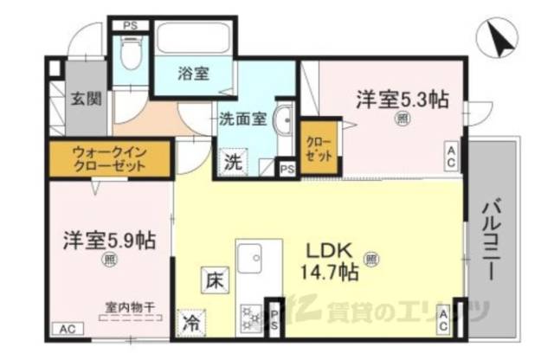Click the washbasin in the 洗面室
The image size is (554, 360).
coord(285,122)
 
